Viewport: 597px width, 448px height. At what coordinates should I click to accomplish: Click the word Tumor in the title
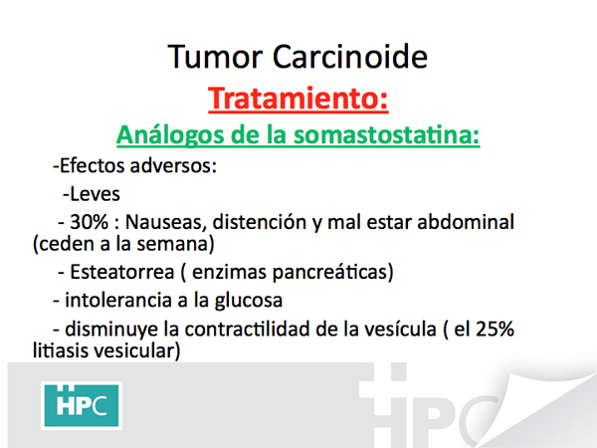(x=215, y=57)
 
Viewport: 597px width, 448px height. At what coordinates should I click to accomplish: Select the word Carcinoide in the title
(x=350, y=57)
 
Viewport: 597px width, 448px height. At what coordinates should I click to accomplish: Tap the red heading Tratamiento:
(x=298, y=99)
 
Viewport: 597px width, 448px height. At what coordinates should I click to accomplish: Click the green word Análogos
(x=170, y=135)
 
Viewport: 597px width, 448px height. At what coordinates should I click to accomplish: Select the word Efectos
(x=93, y=165)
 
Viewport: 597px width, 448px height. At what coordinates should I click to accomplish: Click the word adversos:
(x=173, y=165)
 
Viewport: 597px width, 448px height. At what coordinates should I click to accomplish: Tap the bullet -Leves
(x=92, y=194)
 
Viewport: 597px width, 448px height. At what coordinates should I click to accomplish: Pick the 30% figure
(x=90, y=222)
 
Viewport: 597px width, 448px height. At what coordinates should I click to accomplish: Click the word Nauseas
(x=165, y=222)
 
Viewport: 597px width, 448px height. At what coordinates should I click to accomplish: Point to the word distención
(x=260, y=222)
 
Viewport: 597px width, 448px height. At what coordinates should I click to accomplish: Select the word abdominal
(x=466, y=222)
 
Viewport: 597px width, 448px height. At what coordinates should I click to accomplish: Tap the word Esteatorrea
(x=122, y=272)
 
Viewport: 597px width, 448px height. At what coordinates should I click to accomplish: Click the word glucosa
(x=248, y=301)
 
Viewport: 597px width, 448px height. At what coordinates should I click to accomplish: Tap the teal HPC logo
(x=82, y=405)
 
